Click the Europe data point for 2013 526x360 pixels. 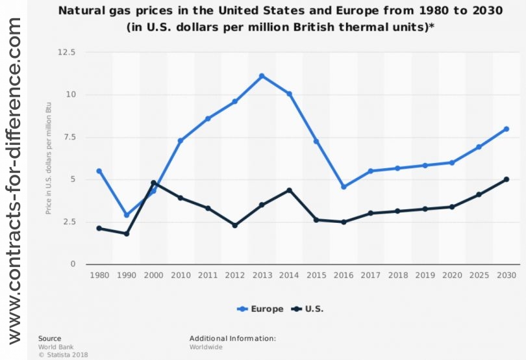(262, 76)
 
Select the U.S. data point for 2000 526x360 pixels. (153, 183)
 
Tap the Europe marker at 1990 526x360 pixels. (127, 215)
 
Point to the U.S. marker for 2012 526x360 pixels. (234, 225)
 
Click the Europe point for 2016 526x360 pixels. (344, 186)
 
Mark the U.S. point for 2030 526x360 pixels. (506, 179)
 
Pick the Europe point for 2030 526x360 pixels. (506, 129)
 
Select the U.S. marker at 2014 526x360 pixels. (289, 190)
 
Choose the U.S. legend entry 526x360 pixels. (308, 309)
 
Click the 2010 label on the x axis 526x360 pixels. (181, 276)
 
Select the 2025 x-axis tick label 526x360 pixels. (479, 276)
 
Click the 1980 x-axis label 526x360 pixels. (99, 276)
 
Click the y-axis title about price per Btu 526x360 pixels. (49, 159)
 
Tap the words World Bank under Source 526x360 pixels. (52, 347)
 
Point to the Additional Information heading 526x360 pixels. (232, 339)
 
